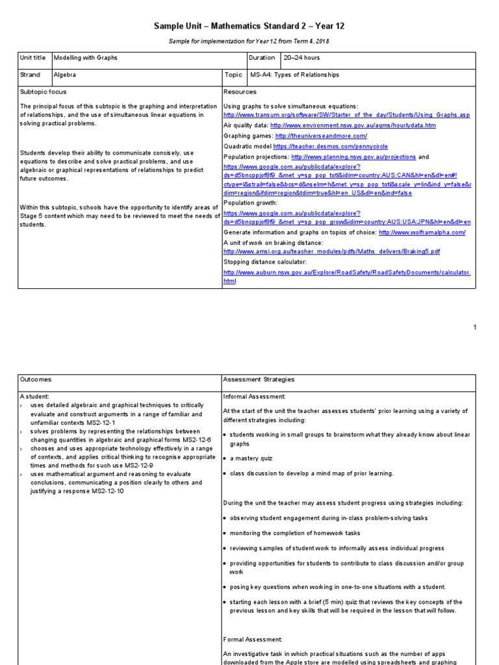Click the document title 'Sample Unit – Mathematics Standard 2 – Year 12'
(x=249, y=26)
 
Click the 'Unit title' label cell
(x=32, y=58)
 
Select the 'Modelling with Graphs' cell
(x=85, y=58)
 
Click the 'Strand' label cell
(x=31, y=75)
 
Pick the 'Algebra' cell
(x=65, y=75)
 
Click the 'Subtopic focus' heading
(x=44, y=92)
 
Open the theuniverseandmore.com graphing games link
(x=321, y=136)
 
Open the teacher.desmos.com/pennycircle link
(x=316, y=146)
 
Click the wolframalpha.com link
(x=422, y=232)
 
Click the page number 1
(x=475, y=327)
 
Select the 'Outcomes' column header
(x=36, y=379)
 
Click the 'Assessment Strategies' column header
(x=259, y=379)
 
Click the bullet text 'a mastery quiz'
(x=252, y=458)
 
